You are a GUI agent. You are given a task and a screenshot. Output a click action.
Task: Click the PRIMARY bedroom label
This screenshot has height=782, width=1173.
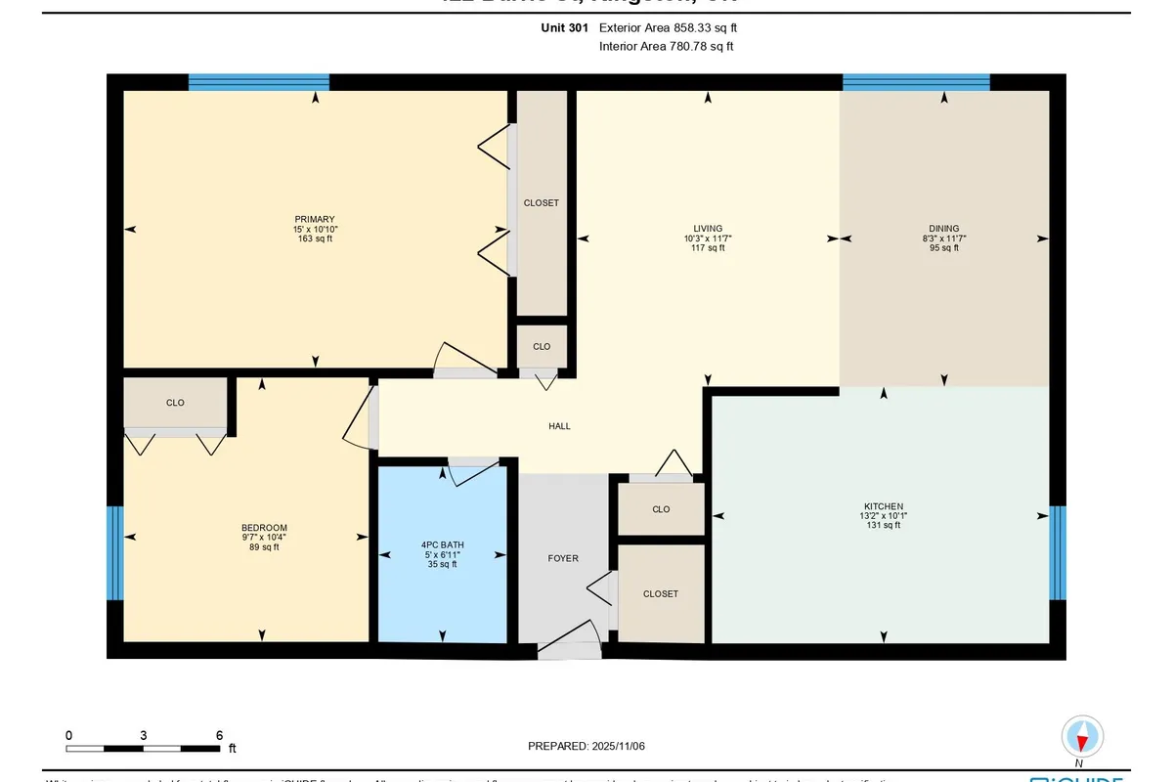click(x=315, y=219)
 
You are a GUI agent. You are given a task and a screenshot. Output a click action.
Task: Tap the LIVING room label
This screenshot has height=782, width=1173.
click(x=708, y=229)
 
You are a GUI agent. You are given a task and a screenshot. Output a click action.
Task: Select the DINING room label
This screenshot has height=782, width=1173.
click(x=944, y=229)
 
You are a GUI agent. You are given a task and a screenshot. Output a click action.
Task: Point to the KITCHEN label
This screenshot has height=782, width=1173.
click(x=884, y=506)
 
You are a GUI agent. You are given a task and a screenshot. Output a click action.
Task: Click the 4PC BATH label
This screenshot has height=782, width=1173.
click(x=442, y=545)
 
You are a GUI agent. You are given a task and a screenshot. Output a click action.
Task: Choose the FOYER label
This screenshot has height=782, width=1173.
click(x=563, y=558)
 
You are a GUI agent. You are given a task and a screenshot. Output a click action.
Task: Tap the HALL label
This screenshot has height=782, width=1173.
click(x=559, y=426)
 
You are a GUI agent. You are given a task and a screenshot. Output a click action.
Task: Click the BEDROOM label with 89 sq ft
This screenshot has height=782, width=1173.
click(x=264, y=528)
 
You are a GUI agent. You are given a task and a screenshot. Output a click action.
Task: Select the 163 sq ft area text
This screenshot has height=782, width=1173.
click(x=315, y=239)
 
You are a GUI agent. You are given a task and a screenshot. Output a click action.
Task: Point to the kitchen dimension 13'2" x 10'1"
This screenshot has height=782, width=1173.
click(x=884, y=516)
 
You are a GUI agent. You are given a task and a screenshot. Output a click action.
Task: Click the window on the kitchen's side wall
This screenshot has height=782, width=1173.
click(x=1058, y=552)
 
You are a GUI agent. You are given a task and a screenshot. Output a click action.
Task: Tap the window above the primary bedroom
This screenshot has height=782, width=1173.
click(x=258, y=83)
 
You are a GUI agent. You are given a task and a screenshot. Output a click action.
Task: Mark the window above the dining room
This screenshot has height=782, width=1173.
click(x=916, y=83)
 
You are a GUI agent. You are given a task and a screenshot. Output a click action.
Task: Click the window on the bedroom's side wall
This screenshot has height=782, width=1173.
click(x=114, y=552)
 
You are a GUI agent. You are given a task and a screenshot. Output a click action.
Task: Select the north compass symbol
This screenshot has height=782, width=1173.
click(x=1082, y=736)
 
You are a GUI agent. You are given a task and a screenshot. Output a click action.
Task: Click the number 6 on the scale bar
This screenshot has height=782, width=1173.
click(x=219, y=735)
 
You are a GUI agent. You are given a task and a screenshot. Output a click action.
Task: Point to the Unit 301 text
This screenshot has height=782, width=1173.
click(x=565, y=28)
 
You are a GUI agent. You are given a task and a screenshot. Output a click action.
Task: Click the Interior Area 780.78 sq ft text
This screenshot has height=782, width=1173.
click(x=666, y=46)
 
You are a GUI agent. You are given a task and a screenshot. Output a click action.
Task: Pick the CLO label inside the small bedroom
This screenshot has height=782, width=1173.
click(x=175, y=402)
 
